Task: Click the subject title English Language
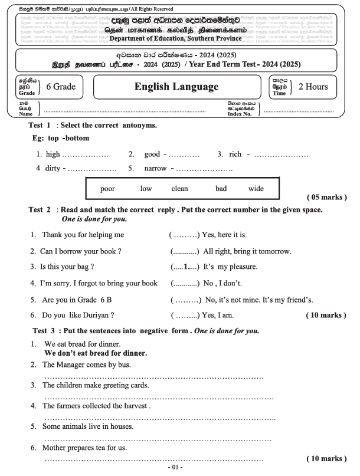point(176,87)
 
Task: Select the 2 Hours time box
point(312,87)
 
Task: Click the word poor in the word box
point(107,189)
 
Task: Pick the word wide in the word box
point(256,189)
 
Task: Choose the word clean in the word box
point(179,189)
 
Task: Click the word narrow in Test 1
point(156,168)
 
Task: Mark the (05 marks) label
point(326,196)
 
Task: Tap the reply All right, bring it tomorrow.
point(247,251)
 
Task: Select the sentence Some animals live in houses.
point(88,425)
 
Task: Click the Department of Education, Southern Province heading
point(175,38)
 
